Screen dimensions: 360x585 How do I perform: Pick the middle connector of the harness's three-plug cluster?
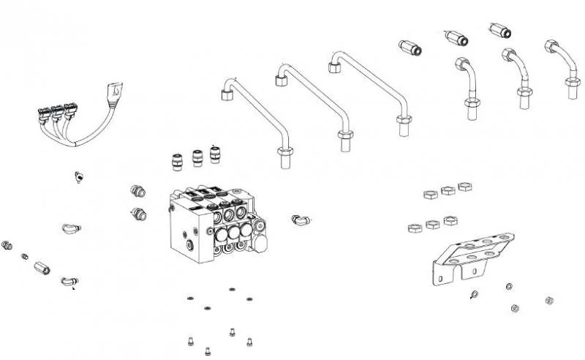(x=56, y=113)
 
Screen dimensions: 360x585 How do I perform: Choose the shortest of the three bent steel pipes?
(x=256, y=117)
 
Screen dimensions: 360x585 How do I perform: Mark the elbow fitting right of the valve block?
(x=300, y=218)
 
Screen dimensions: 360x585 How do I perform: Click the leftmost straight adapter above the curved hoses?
(x=409, y=50)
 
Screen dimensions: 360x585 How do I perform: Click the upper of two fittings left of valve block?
(x=136, y=191)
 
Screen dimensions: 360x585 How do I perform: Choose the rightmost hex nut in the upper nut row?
(x=464, y=187)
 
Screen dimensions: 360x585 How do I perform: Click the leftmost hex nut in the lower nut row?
(x=413, y=228)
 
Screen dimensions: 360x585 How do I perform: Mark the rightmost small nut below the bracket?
(x=548, y=300)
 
